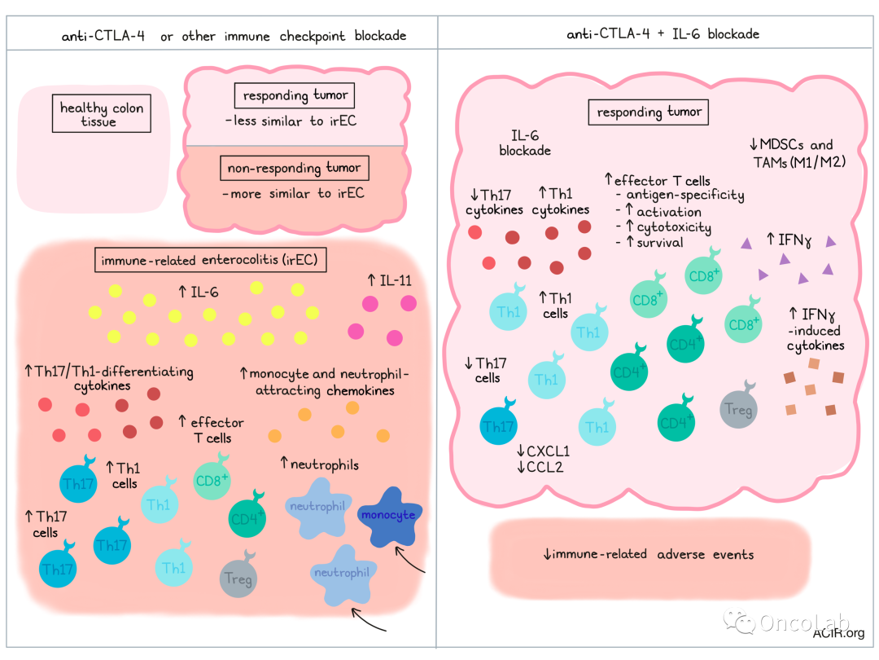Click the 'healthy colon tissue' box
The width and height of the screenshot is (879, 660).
pos(102,115)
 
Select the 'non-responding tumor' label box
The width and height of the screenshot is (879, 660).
pos(294,168)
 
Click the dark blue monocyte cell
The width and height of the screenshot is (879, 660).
pos(388,517)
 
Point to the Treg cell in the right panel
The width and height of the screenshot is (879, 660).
pos(737,409)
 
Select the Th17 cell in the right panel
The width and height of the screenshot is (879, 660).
pos(498,426)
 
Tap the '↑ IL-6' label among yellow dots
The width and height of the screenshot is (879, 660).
pos(199,289)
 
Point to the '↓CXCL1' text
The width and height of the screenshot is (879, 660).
pos(543,451)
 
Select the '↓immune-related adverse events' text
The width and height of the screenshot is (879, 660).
pos(649,554)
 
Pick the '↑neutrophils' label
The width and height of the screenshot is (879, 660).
pos(319,464)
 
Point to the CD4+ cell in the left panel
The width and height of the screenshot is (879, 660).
pos(247,517)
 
